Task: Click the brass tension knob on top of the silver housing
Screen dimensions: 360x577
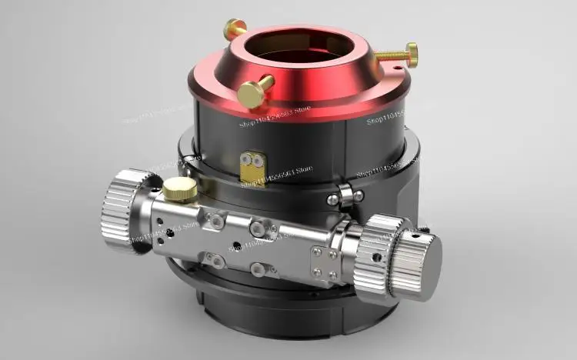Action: click(x=179, y=187)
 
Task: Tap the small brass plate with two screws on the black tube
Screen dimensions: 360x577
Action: click(x=252, y=163)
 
